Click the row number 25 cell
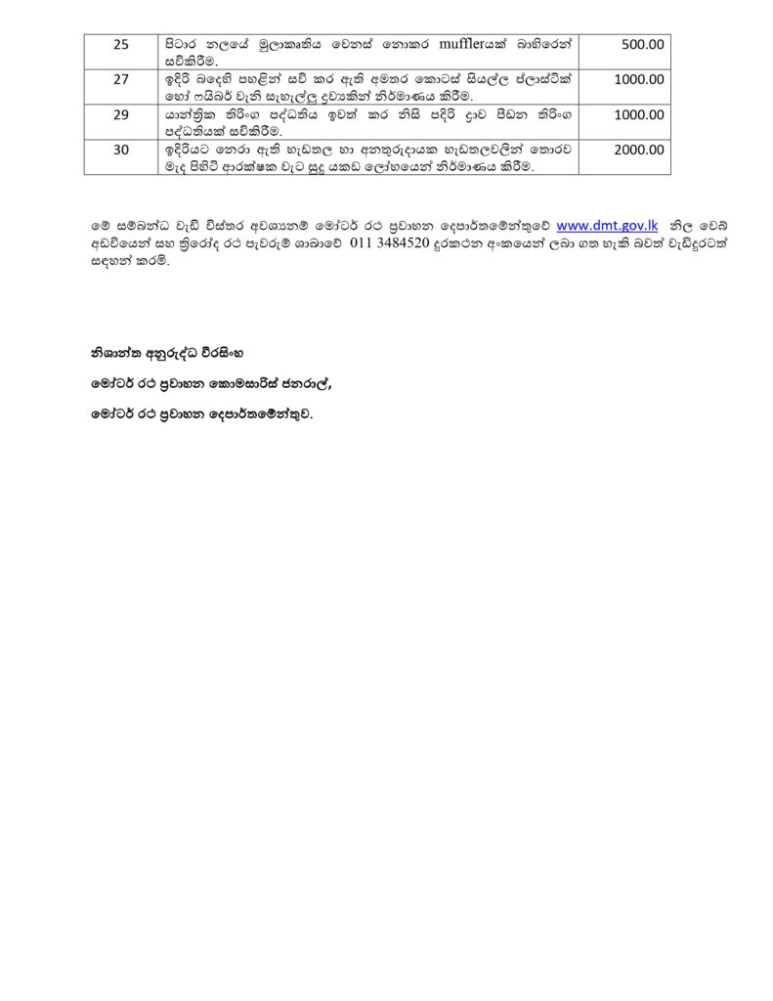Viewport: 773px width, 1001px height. point(121,44)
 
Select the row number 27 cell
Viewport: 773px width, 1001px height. point(121,79)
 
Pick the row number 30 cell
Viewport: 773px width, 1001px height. point(121,150)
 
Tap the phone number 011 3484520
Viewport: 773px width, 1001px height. point(394,243)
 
